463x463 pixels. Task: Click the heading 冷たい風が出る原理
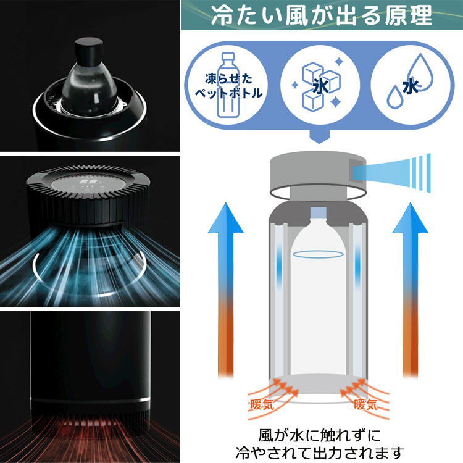click(322, 15)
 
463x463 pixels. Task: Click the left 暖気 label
click(262, 404)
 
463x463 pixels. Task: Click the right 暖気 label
click(366, 404)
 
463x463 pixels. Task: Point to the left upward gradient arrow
click(225, 290)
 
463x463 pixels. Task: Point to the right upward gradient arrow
click(410, 290)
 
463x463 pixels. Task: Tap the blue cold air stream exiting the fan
click(392, 173)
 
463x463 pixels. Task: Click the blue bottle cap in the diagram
click(319, 212)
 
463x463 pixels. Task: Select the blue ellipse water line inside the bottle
click(319, 254)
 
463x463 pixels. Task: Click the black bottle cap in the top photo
click(88, 50)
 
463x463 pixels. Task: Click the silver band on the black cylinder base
click(90, 401)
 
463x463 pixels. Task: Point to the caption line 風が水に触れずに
click(320, 435)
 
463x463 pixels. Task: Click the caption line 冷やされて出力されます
click(320, 453)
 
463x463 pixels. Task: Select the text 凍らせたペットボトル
click(228, 86)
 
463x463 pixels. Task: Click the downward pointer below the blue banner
click(319, 136)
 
